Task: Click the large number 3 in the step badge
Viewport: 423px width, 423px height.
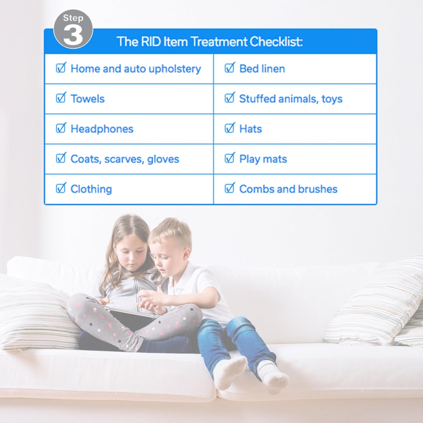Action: coord(73,35)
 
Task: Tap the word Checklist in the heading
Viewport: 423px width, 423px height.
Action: coord(276,42)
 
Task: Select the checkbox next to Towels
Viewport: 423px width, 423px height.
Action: coord(61,98)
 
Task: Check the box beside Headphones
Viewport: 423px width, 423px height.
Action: coord(61,128)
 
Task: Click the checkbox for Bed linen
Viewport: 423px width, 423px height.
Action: coord(230,68)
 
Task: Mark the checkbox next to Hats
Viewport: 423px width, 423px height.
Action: coord(230,128)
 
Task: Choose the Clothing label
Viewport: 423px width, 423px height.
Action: coord(91,189)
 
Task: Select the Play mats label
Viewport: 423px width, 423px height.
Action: coord(263,159)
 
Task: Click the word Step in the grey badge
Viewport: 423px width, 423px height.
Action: coord(73,18)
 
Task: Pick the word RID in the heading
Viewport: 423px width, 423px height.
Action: coord(151,42)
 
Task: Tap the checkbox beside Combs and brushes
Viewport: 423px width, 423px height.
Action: coord(230,188)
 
